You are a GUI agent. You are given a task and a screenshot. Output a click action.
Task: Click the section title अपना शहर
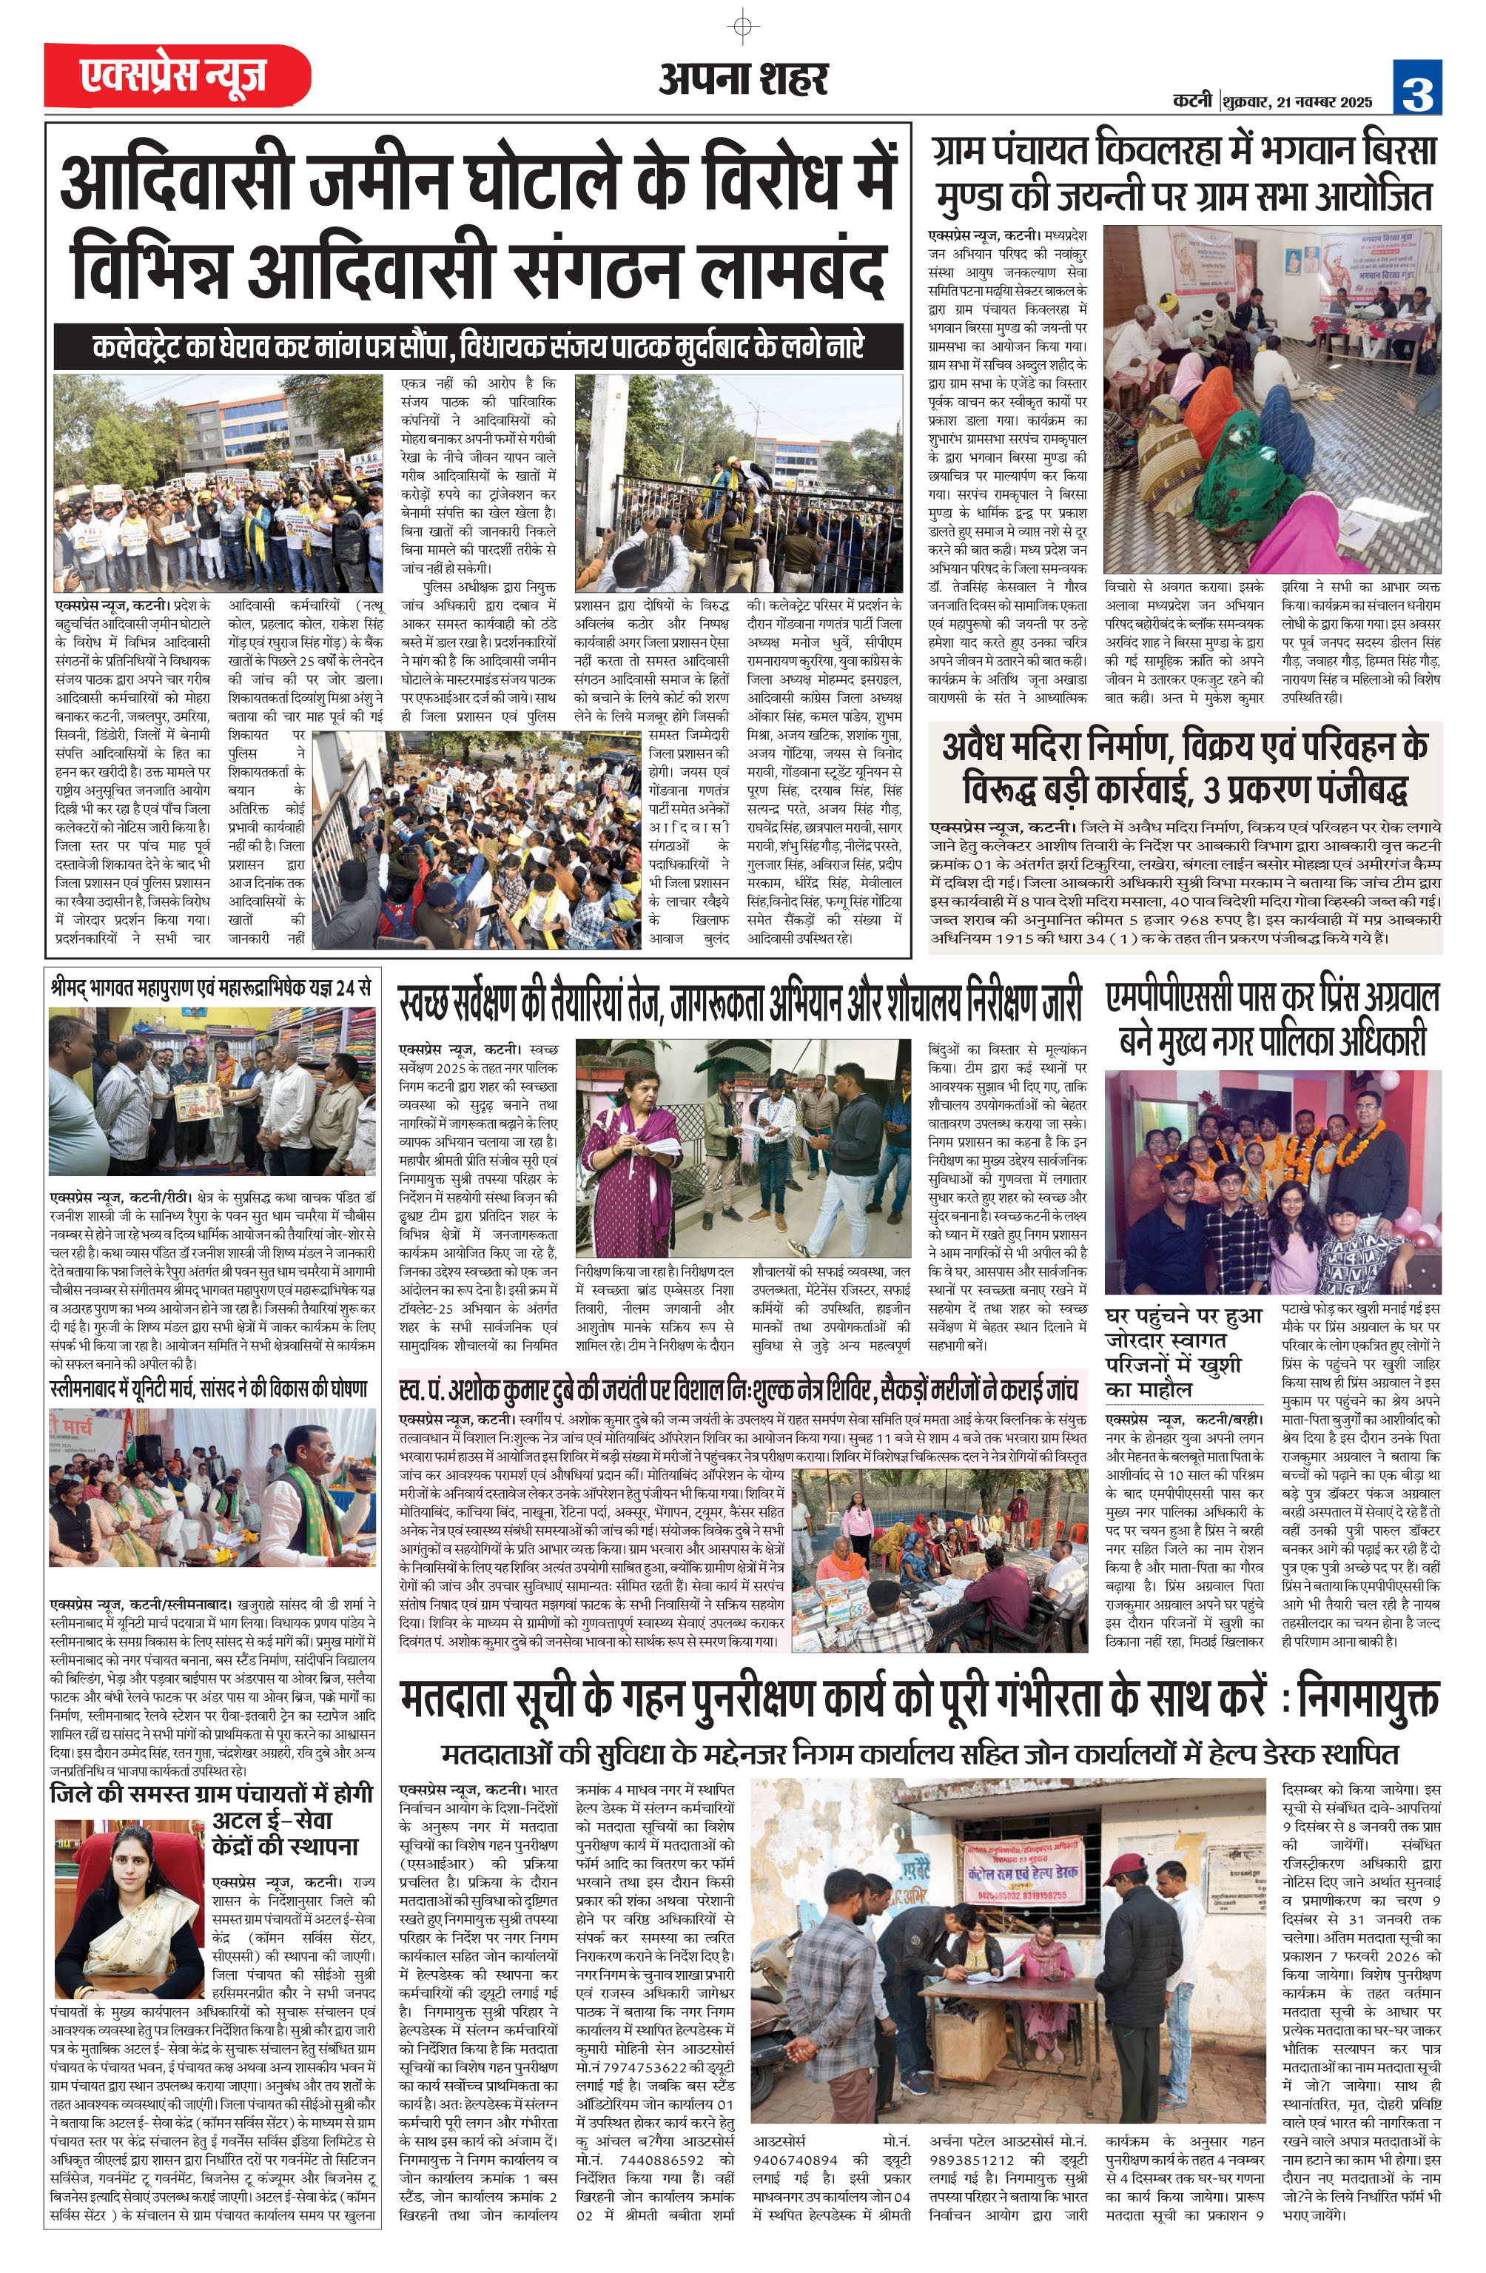click(x=743, y=79)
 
